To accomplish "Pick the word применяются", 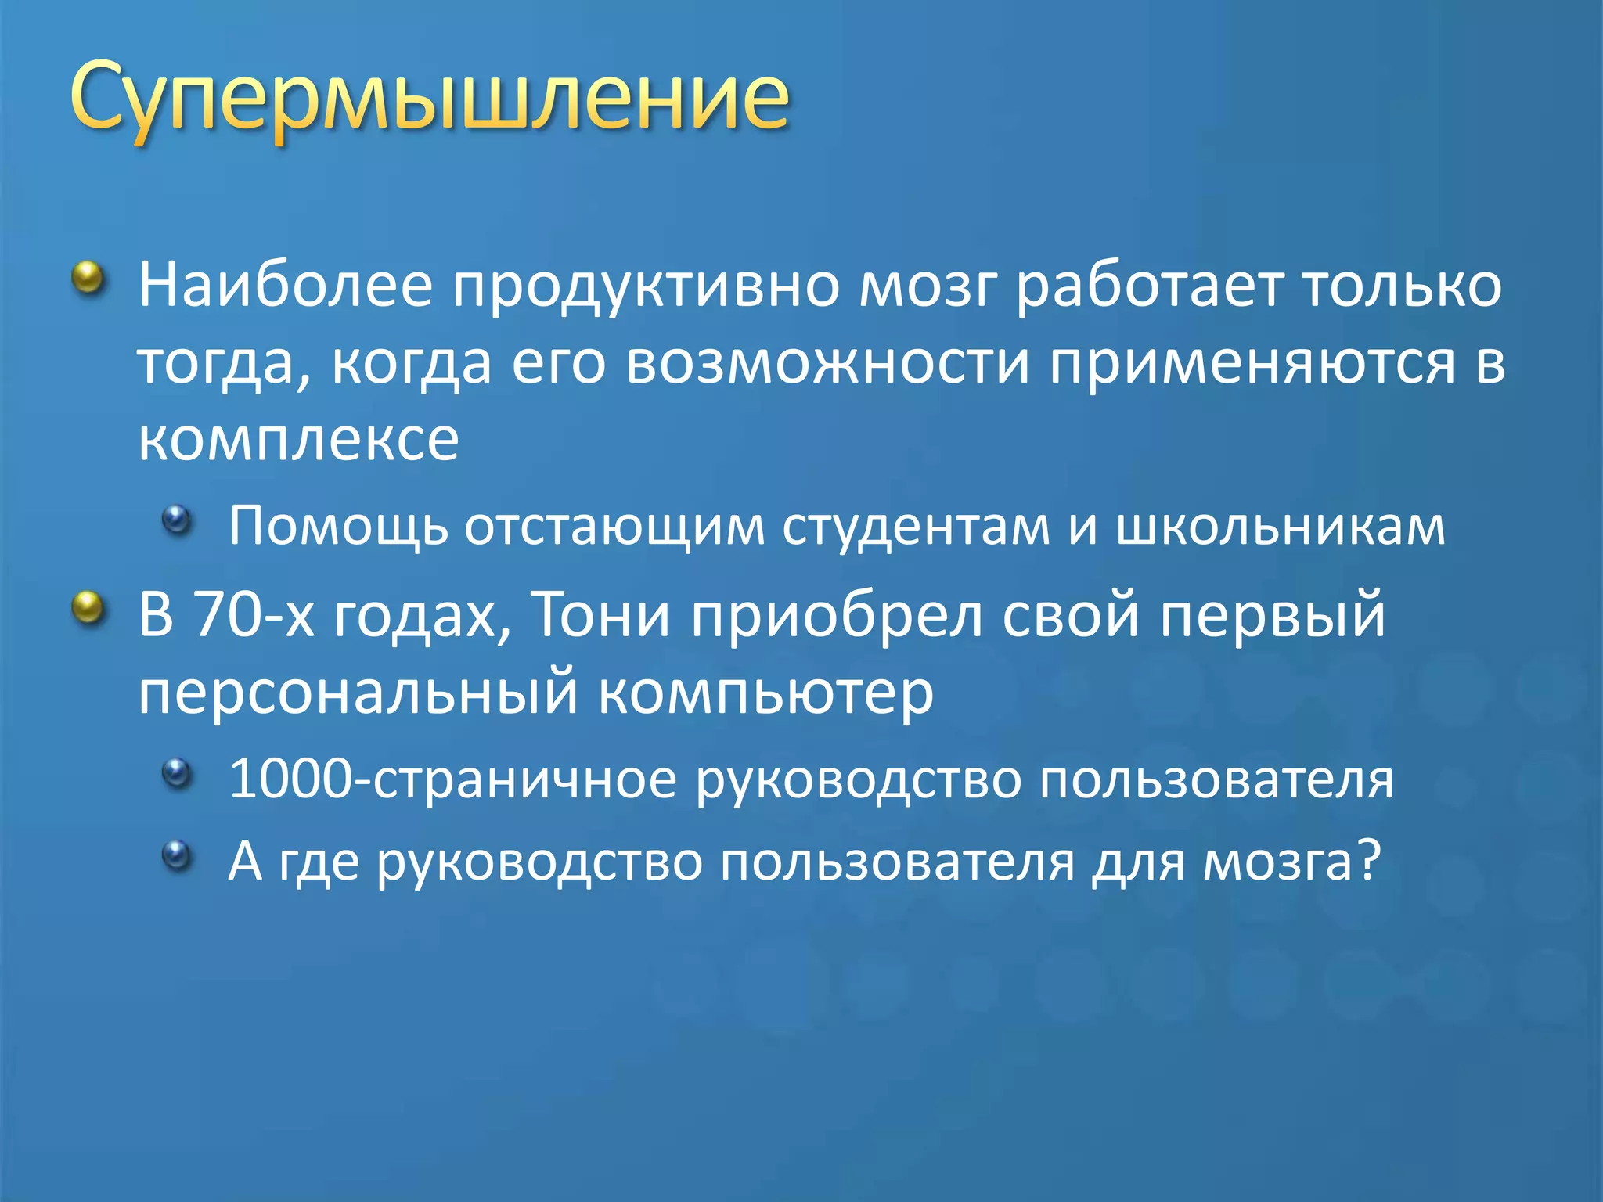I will (1252, 364).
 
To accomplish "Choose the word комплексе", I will (298, 439).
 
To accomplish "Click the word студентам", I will (916, 526).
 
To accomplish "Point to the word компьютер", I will (765, 693).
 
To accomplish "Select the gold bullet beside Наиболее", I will (88, 278).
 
